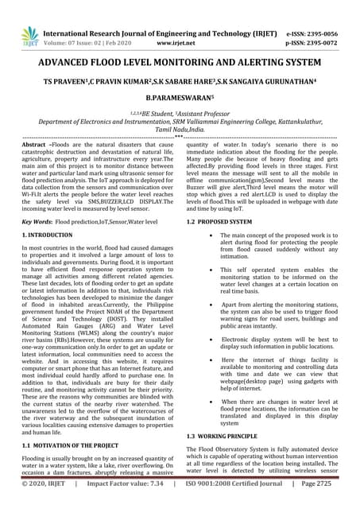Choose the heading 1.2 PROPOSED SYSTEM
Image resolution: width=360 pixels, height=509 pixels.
coord(219,221)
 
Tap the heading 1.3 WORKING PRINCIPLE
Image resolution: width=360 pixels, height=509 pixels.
coord(222,437)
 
